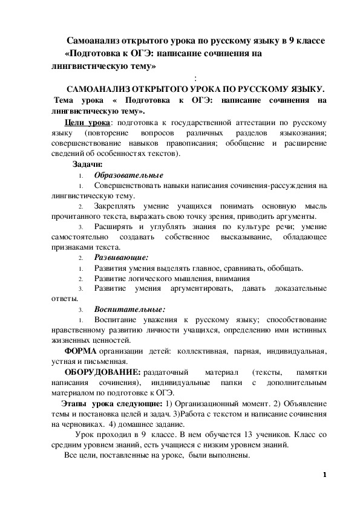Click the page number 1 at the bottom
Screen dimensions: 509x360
pos(324,475)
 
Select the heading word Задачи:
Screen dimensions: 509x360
pos(88,164)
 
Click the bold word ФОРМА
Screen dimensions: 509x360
pos(80,351)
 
